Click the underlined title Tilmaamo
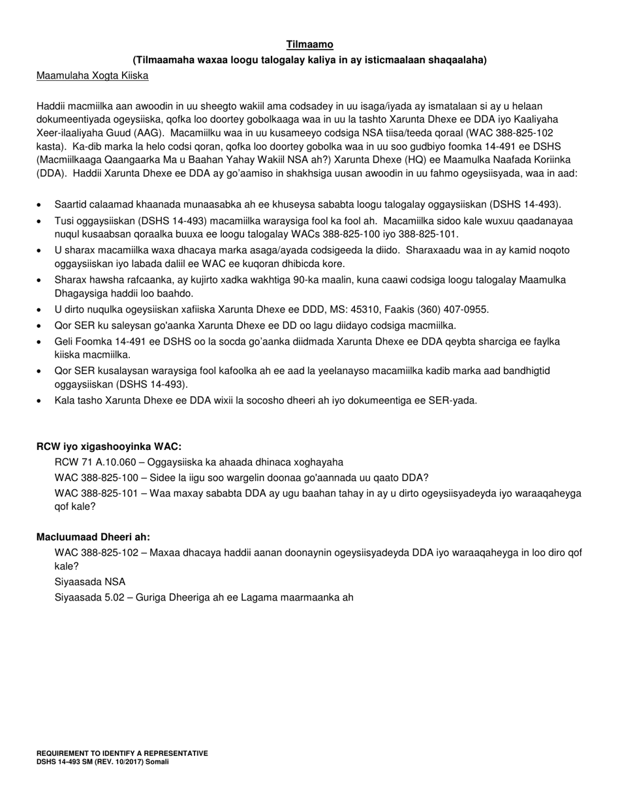(310, 44)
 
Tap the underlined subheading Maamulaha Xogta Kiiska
(92, 76)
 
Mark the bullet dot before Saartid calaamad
(40, 205)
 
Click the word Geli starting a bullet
(64, 341)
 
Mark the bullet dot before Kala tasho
(40, 401)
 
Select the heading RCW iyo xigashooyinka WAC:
(109, 447)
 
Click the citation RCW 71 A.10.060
(97, 462)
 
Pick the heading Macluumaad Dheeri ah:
(93, 537)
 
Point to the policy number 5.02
(121, 597)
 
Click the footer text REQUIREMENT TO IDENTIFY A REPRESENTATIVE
(122, 753)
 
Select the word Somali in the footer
(157, 761)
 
